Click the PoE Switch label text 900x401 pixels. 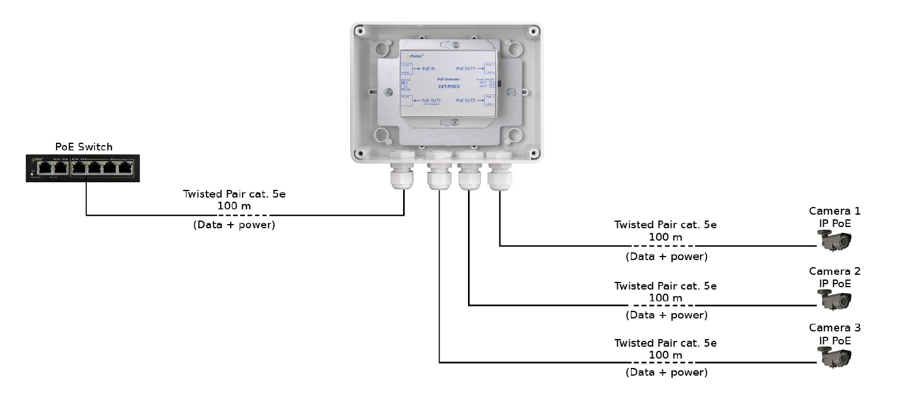point(83,147)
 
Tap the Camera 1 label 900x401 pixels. point(834,211)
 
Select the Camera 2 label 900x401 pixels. point(834,271)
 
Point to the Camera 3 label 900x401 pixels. point(834,328)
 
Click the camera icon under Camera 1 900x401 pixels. point(834,240)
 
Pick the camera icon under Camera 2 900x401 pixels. point(834,300)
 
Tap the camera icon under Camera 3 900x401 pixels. point(834,356)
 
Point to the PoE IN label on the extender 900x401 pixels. point(428,68)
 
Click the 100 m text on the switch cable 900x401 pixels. point(234,206)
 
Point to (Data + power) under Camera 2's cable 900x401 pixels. point(666,315)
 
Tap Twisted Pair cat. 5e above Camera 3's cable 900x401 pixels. point(665,343)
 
